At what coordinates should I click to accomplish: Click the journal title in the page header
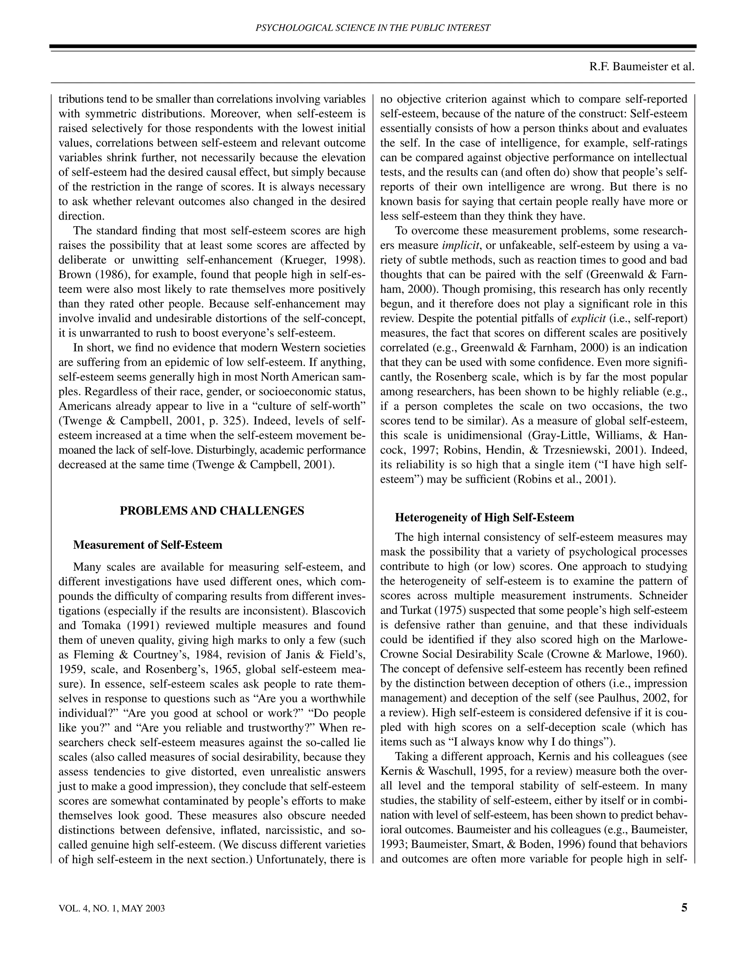[x=373, y=28]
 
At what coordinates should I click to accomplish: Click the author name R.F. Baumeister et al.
[x=642, y=67]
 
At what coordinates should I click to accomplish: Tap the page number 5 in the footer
[x=684, y=907]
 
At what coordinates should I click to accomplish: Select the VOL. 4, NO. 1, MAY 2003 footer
[x=112, y=909]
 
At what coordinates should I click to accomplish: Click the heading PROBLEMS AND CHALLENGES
[x=212, y=511]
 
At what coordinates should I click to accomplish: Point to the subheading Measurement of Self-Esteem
[x=148, y=545]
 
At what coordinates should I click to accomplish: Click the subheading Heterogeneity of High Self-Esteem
[x=484, y=517]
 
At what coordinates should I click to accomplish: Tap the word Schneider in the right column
[x=663, y=596]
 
